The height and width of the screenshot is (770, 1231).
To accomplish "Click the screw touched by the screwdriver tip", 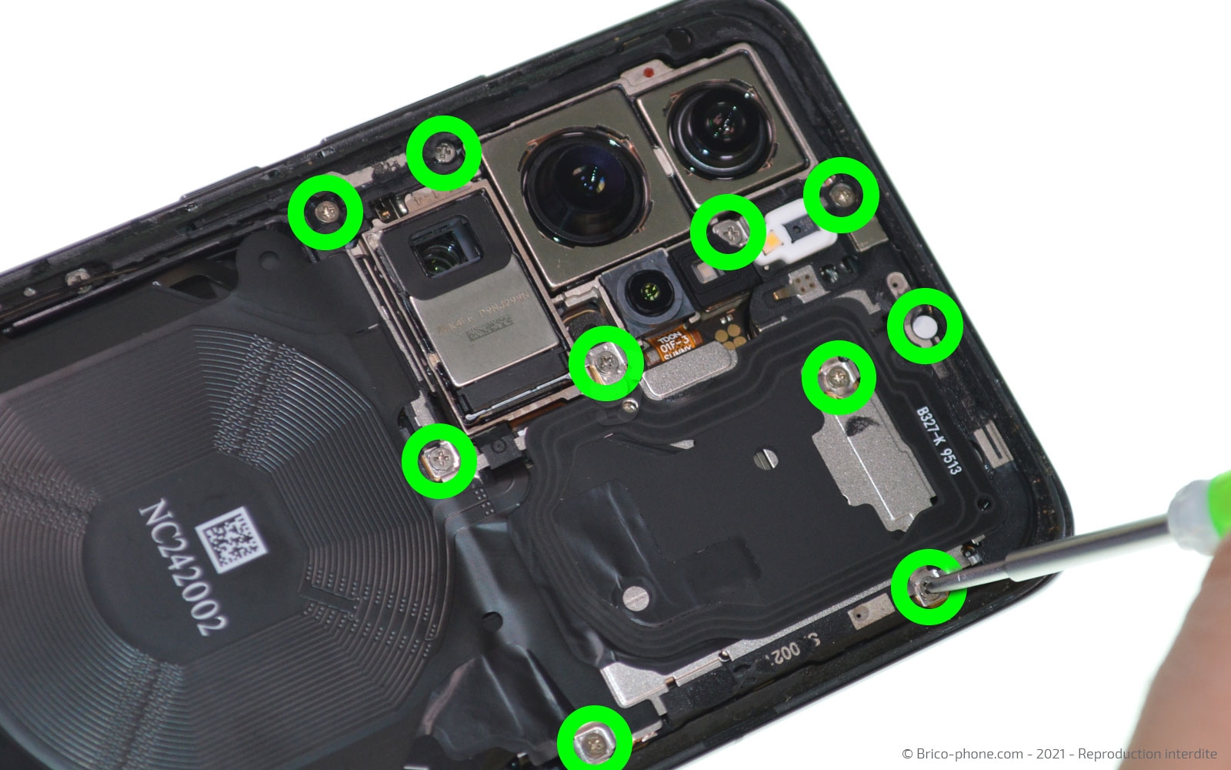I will (x=926, y=587).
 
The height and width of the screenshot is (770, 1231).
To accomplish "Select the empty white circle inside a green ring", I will (x=926, y=326).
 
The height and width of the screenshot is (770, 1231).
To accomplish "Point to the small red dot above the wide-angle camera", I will (x=650, y=72).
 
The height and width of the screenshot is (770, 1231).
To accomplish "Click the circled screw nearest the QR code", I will (x=438, y=460).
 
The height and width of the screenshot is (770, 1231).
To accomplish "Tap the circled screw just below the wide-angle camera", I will (x=728, y=231).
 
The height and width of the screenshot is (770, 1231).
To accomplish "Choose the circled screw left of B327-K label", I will (x=838, y=377).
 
